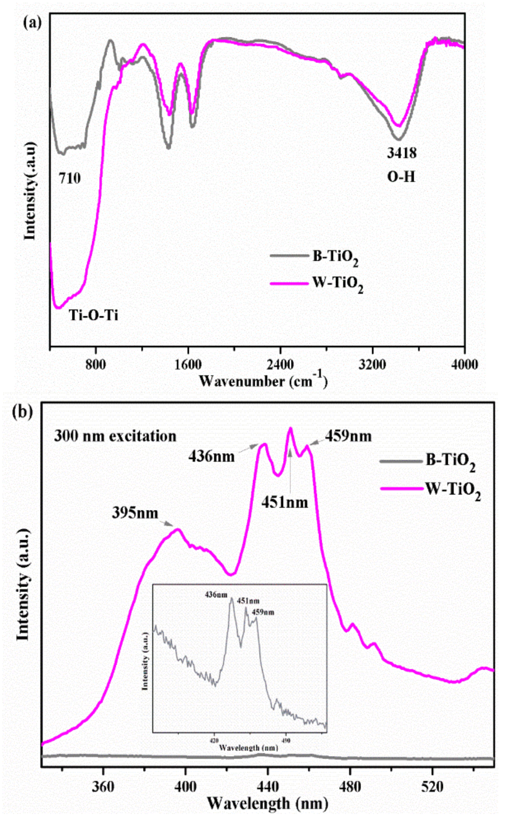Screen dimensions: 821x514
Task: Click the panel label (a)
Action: (x=32, y=23)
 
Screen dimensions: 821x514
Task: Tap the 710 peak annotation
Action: (x=70, y=178)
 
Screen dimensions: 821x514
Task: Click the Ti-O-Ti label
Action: (x=93, y=316)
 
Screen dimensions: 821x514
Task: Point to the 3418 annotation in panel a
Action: (x=402, y=154)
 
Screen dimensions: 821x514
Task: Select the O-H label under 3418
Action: (x=401, y=177)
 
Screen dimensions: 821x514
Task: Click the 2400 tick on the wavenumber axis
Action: (x=281, y=365)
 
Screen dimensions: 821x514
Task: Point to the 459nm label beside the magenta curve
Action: (x=348, y=436)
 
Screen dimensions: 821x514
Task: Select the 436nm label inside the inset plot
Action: (x=216, y=595)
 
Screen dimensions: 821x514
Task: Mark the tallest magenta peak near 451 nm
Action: (x=290, y=429)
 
